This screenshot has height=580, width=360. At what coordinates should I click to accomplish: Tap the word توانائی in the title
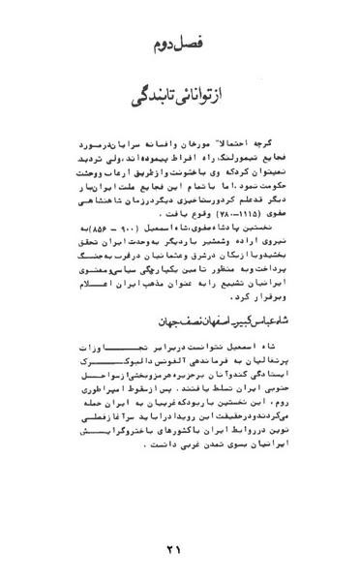coord(220,99)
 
